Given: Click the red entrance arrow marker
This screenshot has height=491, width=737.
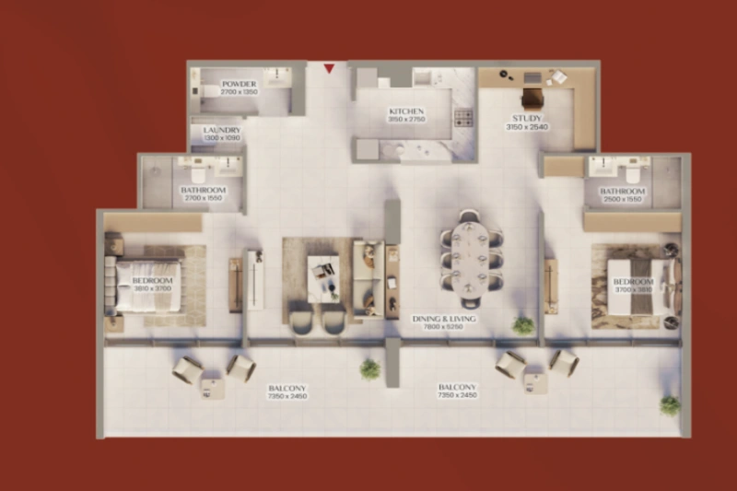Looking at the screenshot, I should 329,67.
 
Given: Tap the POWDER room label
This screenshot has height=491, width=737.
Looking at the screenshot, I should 239,84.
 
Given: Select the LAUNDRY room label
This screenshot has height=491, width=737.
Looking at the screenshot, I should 222,131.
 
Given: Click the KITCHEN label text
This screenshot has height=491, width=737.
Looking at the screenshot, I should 405,111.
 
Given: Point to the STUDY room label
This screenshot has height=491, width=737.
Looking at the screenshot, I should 527,118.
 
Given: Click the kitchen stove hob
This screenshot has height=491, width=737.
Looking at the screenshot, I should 462,117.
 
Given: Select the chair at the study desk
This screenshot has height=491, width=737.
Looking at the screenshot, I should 532,97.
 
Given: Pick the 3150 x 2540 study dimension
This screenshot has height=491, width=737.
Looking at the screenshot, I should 527,127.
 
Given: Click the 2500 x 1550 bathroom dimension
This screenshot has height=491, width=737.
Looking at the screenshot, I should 623,199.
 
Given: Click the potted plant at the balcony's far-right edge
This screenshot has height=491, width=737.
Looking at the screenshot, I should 670,404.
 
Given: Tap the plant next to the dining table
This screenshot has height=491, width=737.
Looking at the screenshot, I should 523,324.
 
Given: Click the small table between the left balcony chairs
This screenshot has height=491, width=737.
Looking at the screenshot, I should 213,388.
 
